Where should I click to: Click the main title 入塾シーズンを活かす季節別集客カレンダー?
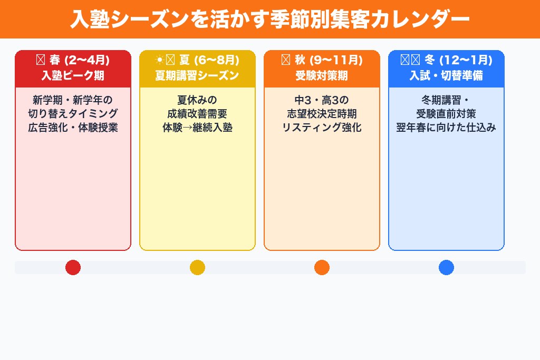point(270,19)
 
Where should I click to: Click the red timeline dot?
point(73,268)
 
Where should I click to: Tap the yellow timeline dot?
point(197,268)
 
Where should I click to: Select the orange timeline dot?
point(322,268)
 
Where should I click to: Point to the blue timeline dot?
point(446,268)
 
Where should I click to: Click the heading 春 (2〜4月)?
point(73,60)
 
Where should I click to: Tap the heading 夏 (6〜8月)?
point(197,60)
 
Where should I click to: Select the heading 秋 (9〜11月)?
point(322,60)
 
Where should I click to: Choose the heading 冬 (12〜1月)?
point(446,60)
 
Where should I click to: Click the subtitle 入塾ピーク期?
point(73,75)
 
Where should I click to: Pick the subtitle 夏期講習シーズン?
point(197,75)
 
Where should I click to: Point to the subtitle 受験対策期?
point(322,75)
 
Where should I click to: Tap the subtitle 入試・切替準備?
point(446,75)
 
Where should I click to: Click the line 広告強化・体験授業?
point(73,128)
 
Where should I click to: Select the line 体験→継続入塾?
point(197,128)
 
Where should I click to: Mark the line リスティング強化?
point(322,128)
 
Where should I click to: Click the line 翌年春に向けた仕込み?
point(446,128)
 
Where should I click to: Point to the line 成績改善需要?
point(197,114)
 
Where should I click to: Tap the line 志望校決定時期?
point(322,114)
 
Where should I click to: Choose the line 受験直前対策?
point(446,114)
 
